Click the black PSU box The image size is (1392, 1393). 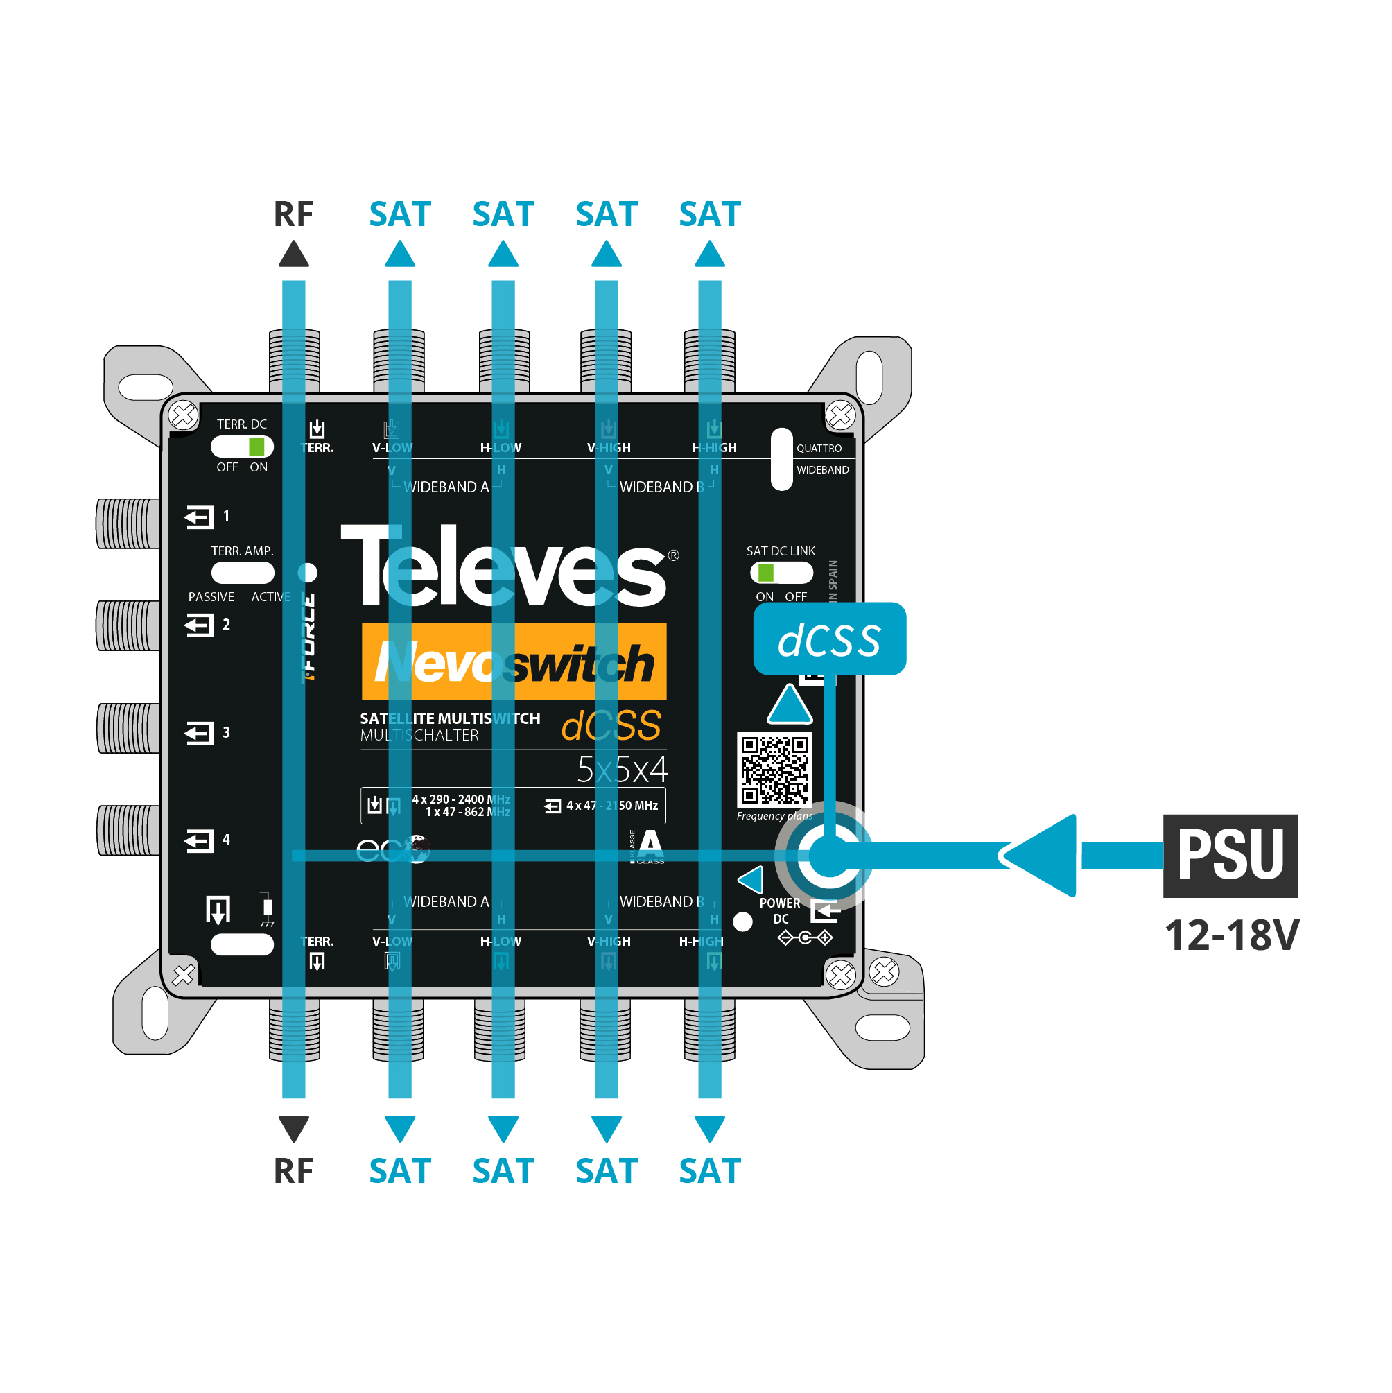[1230, 856]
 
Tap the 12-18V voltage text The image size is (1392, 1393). [1231, 935]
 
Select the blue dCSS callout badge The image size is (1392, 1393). [829, 639]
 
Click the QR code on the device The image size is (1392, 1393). [774, 770]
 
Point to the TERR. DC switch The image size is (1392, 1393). [242, 447]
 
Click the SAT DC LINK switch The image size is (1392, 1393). [781, 573]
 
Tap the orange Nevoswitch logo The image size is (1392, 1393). [514, 661]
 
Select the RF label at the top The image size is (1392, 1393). [293, 214]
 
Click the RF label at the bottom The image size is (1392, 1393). [293, 1171]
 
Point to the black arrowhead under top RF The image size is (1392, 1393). [293, 254]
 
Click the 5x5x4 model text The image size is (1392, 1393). [622, 770]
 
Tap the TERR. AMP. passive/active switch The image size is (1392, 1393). [242, 573]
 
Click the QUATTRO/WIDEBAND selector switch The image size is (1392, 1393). [781, 459]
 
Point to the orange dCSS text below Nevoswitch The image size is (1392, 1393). [611, 725]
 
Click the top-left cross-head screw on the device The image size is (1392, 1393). [183, 415]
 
